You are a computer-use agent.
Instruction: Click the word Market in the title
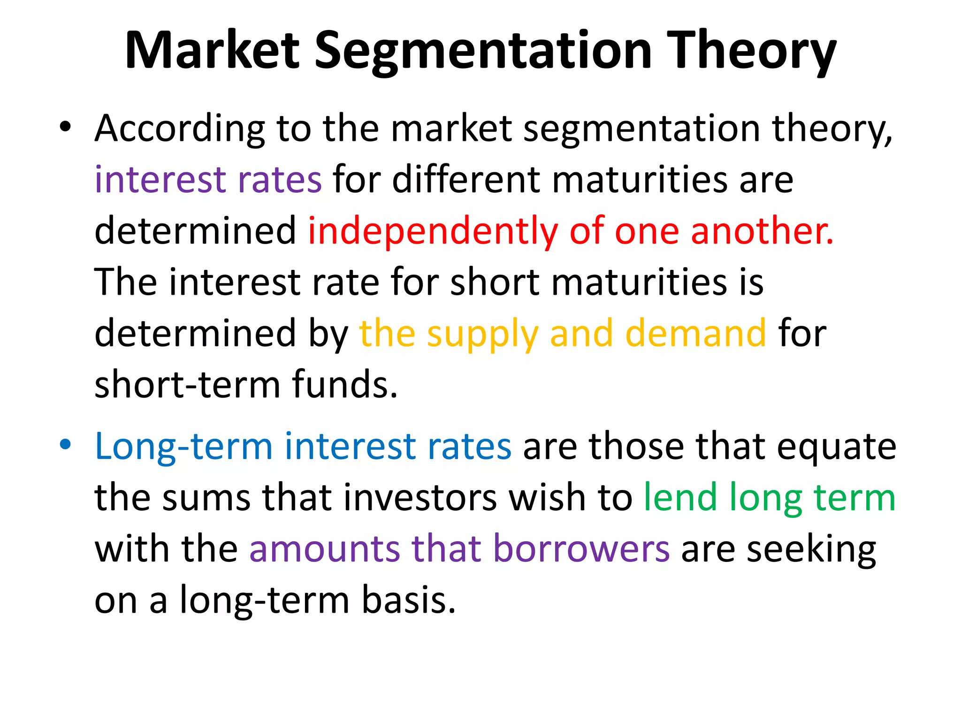pyautogui.click(x=212, y=51)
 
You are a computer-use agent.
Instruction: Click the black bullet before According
pyautogui.click(x=65, y=127)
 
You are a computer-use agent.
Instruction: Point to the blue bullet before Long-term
pyautogui.click(x=65, y=444)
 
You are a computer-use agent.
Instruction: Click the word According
pyautogui.click(x=180, y=129)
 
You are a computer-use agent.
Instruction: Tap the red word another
pyautogui.click(x=762, y=231)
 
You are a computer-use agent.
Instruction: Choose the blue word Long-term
pyautogui.click(x=183, y=446)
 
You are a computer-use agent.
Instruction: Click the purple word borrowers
pyautogui.click(x=581, y=549)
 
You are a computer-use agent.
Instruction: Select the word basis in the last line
pyautogui.click(x=409, y=600)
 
